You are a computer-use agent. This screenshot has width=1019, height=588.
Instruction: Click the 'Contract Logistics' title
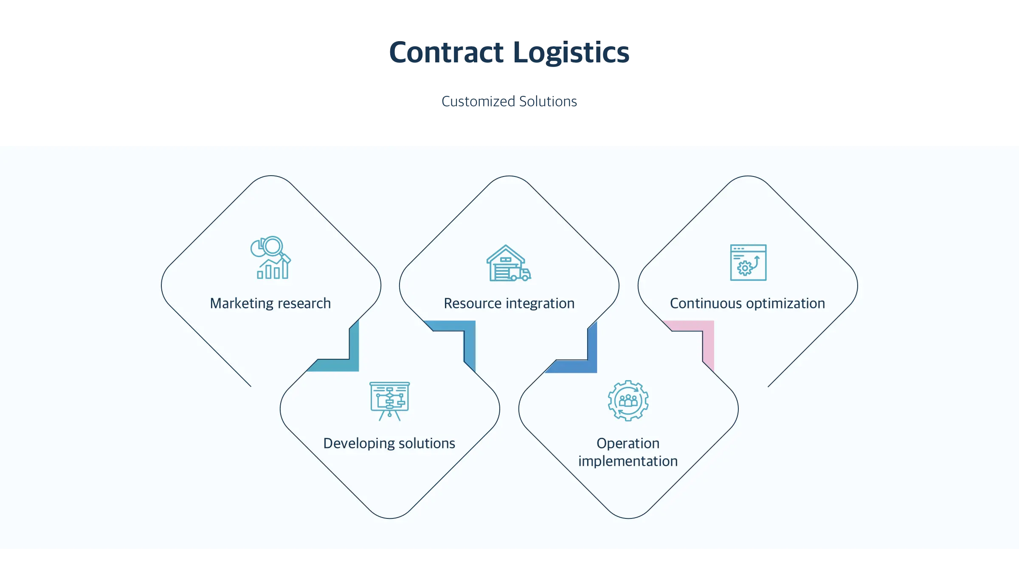509,53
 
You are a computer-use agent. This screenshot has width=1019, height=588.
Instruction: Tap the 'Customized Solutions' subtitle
509,102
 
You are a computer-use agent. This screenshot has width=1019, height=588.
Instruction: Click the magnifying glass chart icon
270,258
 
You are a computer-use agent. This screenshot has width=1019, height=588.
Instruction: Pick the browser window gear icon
748,263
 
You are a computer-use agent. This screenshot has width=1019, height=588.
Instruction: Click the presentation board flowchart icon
389,401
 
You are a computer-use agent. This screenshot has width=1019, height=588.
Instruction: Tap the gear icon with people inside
628,400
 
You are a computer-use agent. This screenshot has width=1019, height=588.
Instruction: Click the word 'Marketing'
242,303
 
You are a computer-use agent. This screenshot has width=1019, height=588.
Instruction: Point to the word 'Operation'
628,443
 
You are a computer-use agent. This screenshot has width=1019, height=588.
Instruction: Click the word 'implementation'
628,461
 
